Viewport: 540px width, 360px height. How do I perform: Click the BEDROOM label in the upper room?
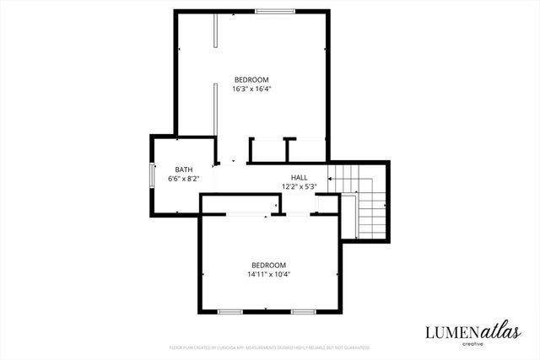coord(251,79)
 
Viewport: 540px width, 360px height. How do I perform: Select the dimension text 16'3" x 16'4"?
coord(251,89)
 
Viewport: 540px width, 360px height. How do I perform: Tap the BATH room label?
coord(183,169)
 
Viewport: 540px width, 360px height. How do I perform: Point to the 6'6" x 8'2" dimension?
coord(183,179)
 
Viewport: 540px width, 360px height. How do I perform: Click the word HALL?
coord(299,177)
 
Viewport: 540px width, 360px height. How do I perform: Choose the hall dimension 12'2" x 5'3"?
coord(299,186)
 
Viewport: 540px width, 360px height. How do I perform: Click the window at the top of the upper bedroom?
coord(276,12)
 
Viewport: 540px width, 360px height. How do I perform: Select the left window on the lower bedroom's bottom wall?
coord(230,312)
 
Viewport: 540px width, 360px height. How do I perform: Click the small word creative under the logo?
coord(472,344)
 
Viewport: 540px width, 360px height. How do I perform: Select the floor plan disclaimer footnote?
coord(269,347)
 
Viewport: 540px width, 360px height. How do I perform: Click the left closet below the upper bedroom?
coord(267,150)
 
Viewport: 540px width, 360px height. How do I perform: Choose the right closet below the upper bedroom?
coord(305,150)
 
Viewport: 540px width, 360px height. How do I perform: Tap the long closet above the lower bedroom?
coord(240,205)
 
